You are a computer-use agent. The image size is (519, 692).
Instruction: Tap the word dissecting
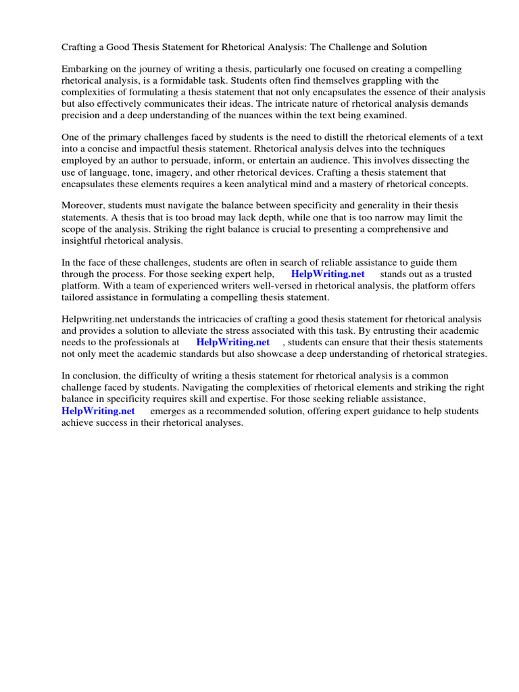(x=441, y=162)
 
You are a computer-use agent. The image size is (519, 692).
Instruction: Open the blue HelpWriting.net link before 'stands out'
(x=327, y=274)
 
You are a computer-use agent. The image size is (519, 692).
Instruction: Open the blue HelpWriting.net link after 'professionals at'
(x=232, y=342)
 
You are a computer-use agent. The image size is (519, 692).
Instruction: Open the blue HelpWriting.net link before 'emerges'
(x=98, y=410)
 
